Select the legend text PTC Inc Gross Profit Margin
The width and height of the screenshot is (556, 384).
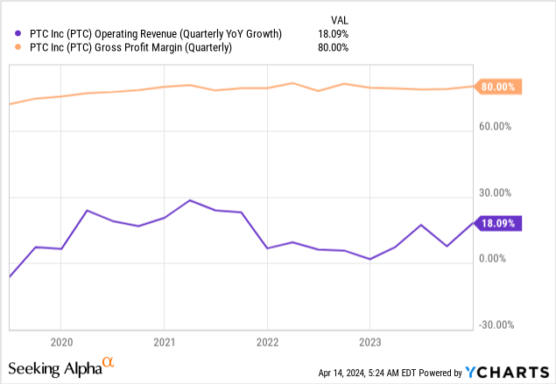click(x=126, y=48)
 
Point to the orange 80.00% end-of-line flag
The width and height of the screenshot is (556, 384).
click(x=499, y=87)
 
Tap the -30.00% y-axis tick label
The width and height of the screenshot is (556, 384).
click(x=497, y=325)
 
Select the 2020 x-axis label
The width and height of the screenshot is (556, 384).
click(x=60, y=340)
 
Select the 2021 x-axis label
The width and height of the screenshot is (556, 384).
click(x=165, y=340)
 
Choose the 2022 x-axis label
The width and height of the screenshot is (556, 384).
click(x=267, y=340)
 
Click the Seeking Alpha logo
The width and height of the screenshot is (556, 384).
click(x=61, y=367)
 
